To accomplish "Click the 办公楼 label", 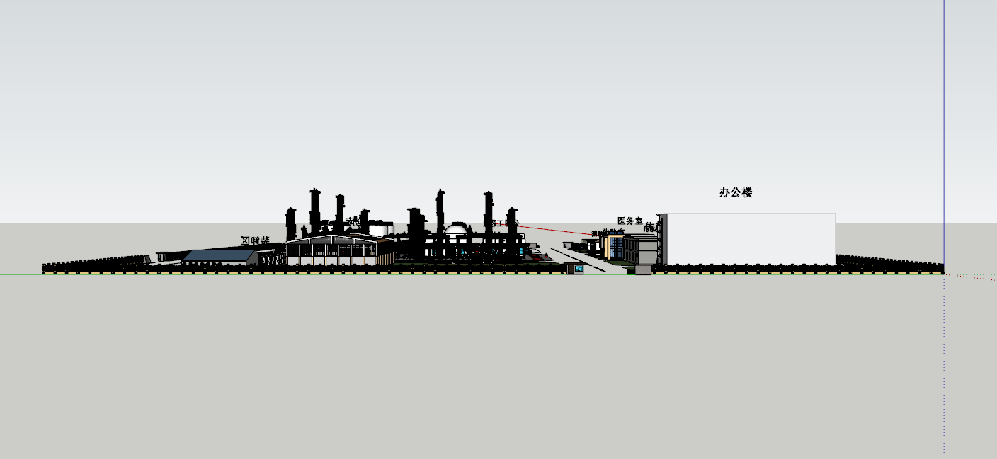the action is point(735,192).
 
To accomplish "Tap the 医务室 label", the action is point(629,221).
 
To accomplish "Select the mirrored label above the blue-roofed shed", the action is point(255,240).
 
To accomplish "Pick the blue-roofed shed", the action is point(220,256).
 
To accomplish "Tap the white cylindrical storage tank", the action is point(381,229).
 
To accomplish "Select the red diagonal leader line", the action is point(556,230).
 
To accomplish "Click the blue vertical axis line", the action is point(944,106).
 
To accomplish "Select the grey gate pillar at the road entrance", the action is point(643,269).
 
